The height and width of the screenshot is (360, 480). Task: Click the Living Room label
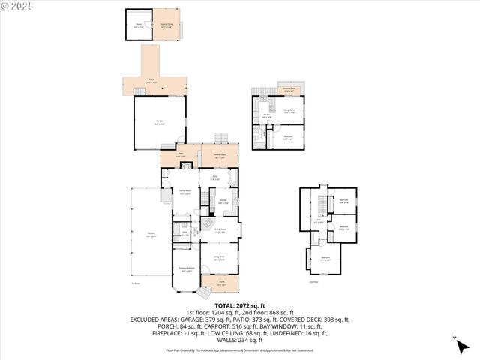point(220,258)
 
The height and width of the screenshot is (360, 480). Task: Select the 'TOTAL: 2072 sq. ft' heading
point(239,305)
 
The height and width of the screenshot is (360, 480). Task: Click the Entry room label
point(214,178)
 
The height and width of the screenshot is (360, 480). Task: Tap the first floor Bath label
point(184,233)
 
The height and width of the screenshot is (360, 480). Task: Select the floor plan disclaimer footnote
point(239,350)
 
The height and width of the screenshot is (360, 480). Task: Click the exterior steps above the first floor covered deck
point(220,139)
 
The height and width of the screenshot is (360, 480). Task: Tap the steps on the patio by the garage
point(139,91)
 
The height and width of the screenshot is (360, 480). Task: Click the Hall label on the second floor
point(319,222)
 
